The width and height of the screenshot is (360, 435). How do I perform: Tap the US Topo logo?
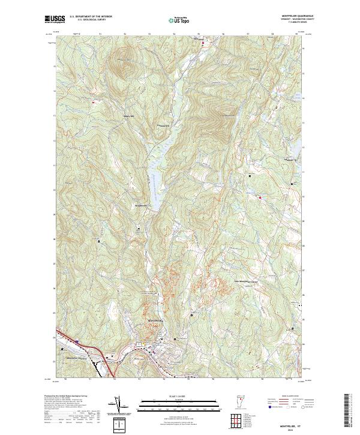click(179, 20)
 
